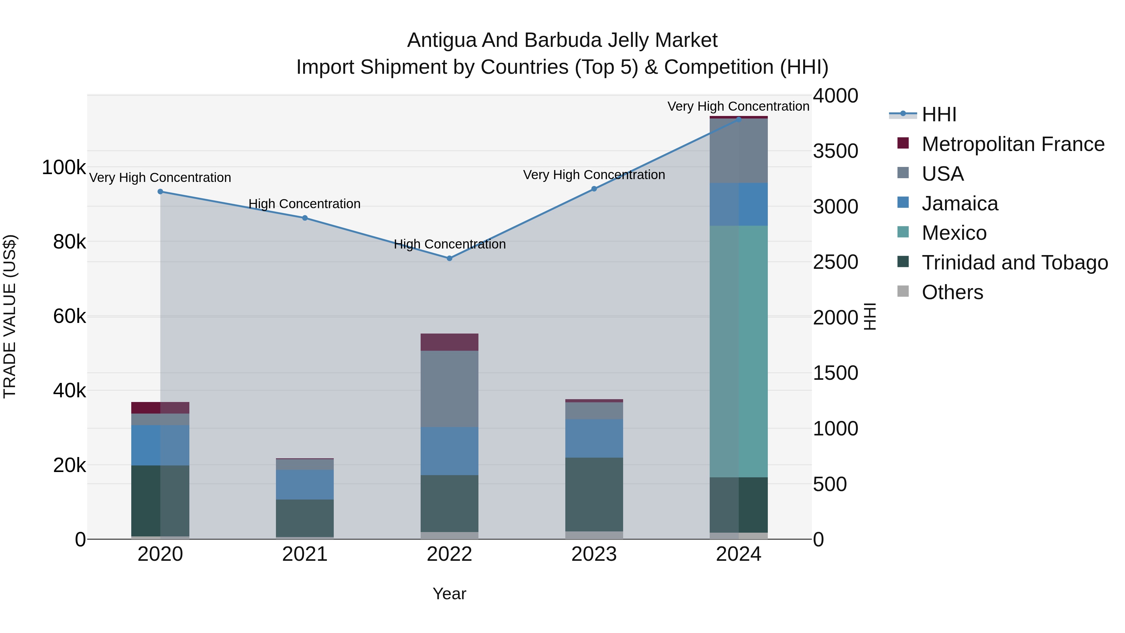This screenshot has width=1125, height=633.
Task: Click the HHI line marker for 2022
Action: click(449, 258)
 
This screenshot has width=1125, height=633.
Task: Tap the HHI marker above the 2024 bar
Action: click(738, 119)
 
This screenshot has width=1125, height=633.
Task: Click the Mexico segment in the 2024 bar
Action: click(738, 351)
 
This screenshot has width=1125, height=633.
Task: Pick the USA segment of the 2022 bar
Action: click(449, 389)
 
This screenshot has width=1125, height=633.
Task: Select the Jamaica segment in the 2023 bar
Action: click(594, 439)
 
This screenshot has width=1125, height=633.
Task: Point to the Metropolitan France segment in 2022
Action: click(449, 342)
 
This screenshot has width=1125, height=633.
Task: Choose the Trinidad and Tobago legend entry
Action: click(1014, 263)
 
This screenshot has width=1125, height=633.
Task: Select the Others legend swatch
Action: click(903, 291)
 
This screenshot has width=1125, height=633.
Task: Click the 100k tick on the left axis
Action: click(64, 167)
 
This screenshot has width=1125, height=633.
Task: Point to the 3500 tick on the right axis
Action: click(835, 151)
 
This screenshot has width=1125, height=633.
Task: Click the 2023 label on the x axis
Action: click(594, 554)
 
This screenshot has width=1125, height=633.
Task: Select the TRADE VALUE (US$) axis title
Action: click(10, 316)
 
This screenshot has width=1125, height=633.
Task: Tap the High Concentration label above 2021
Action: click(304, 204)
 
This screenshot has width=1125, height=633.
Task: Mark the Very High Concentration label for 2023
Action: click(594, 175)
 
